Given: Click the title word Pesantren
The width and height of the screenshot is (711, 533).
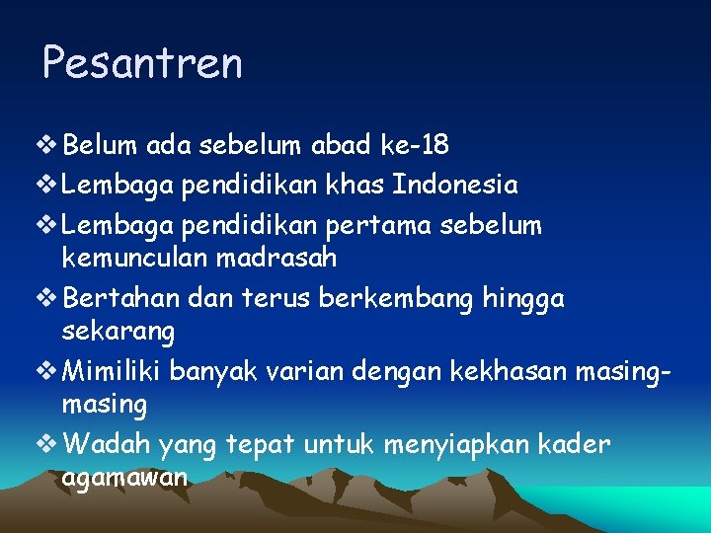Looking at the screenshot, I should click(x=142, y=64).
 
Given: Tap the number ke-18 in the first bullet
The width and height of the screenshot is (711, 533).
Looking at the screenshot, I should click(x=414, y=146).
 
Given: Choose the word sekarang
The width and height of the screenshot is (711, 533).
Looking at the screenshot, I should click(x=118, y=333).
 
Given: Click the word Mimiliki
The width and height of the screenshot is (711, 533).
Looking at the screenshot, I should click(x=112, y=371).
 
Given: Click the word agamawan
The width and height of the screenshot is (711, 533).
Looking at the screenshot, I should click(x=124, y=479).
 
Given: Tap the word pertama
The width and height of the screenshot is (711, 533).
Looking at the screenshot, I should click(x=404, y=225).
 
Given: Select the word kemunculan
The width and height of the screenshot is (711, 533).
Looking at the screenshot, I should click(x=145, y=259).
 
